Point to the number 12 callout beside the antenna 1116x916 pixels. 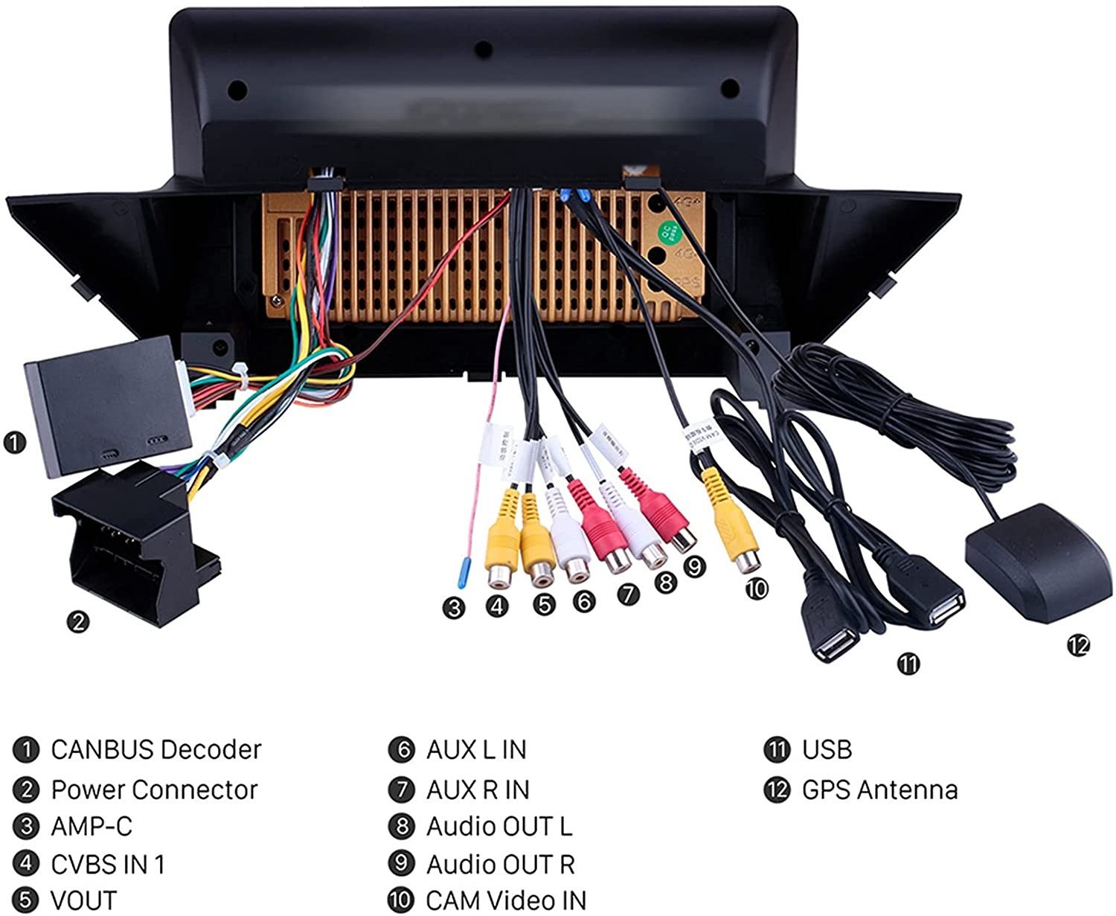click(x=1077, y=645)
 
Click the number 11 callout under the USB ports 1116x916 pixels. click(x=908, y=663)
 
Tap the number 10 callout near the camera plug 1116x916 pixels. click(x=756, y=589)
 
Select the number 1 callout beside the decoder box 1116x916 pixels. click(x=14, y=443)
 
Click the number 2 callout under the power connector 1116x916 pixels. click(x=77, y=621)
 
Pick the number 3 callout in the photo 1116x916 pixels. click(x=453, y=608)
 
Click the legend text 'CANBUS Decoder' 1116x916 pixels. click(x=156, y=749)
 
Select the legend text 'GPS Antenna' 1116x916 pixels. click(x=879, y=790)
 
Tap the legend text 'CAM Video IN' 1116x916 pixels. click(x=506, y=900)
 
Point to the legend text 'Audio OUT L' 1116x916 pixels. click(x=499, y=827)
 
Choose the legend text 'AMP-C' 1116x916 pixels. click(x=92, y=827)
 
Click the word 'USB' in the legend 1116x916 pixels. click(x=827, y=749)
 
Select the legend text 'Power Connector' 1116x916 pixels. click(x=154, y=790)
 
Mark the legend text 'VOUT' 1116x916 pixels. click(x=83, y=900)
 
